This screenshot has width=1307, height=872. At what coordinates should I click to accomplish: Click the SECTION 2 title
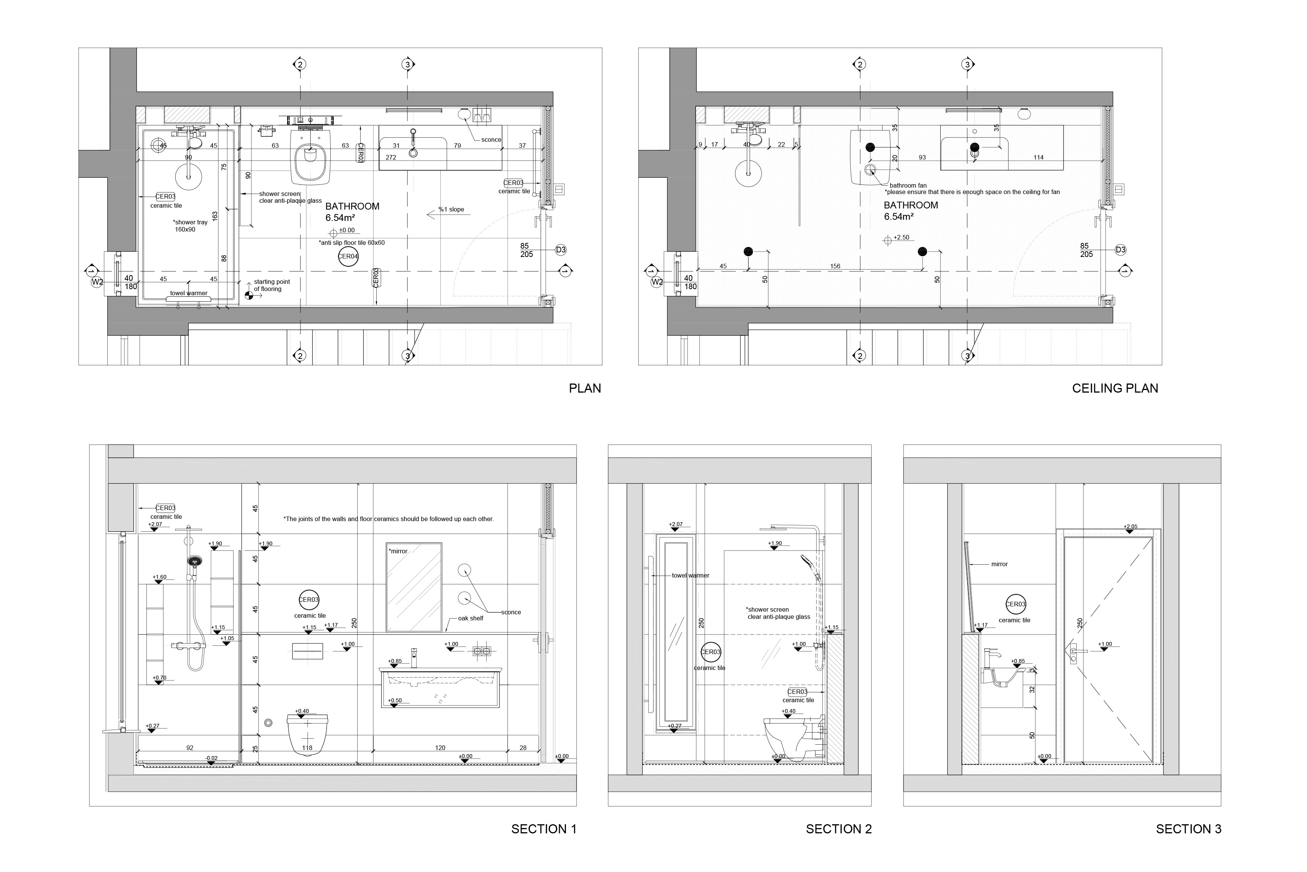839,829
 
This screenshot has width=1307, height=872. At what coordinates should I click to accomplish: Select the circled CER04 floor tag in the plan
348,257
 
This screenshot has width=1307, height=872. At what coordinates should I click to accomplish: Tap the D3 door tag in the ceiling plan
1121,250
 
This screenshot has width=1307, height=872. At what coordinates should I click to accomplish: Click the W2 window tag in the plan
97,282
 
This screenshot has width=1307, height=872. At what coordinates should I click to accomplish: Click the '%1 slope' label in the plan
451,210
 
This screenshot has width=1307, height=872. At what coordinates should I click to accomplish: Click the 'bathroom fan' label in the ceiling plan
908,185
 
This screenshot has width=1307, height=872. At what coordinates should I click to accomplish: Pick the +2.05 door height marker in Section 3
1130,527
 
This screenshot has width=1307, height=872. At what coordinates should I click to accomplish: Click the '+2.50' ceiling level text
902,238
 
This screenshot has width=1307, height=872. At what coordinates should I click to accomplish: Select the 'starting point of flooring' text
272,285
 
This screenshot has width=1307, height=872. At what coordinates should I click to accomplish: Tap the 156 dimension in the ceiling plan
835,266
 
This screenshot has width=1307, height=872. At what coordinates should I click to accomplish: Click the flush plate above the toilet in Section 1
307,651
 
